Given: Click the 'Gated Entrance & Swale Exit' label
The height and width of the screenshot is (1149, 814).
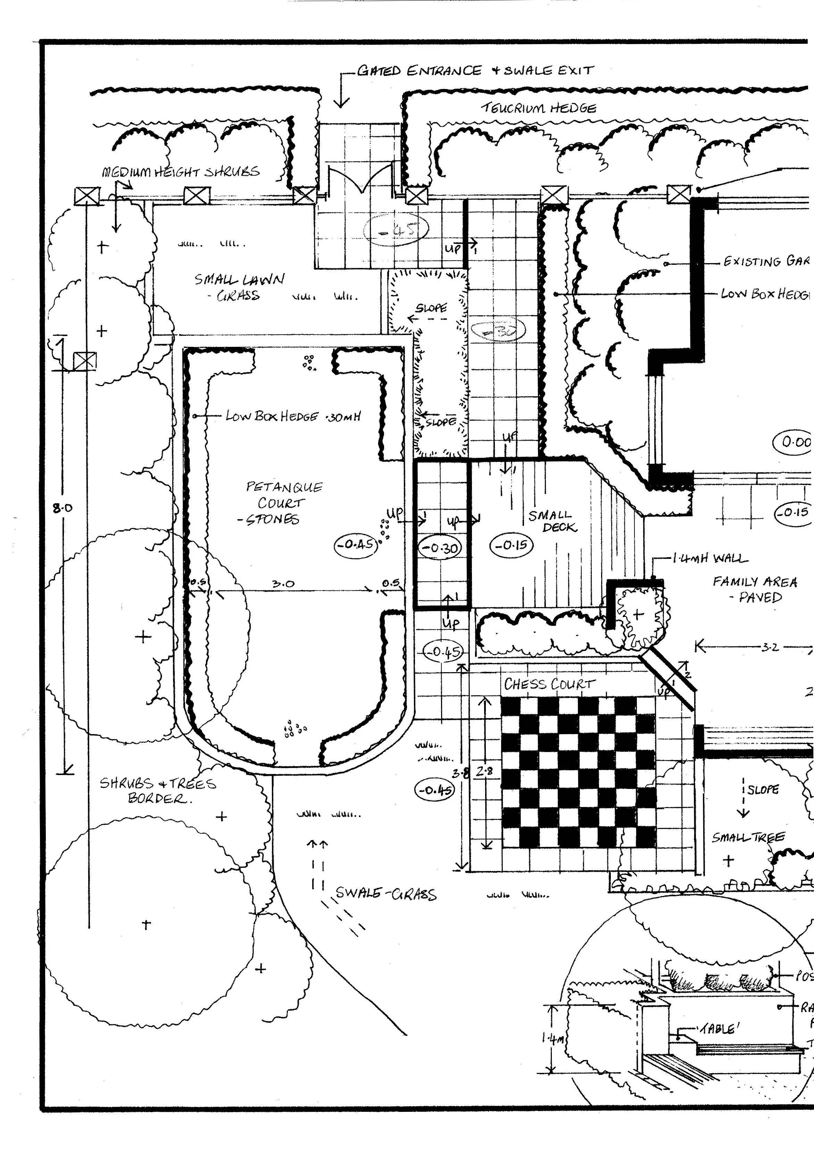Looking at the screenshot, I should pyautogui.click(x=475, y=71).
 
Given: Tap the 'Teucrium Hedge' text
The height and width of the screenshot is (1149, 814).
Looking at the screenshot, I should pyautogui.click(x=539, y=108).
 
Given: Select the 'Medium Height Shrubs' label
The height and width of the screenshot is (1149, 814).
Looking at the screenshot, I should pyautogui.click(x=181, y=172).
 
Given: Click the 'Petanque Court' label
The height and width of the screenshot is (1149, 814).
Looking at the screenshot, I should pyautogui.click(x=283, y=502).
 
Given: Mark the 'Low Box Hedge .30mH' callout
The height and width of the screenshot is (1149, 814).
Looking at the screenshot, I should pyautogui.click(x=293, y=416).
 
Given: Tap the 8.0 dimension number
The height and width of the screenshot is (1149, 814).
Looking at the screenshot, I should pyautogui.click(x=63, y=508).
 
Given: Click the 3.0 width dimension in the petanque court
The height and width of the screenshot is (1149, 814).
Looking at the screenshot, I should pyautogui.click(x=283, y=584).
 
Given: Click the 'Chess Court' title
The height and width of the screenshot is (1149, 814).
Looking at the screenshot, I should pyautogui.click(x=549, y=684).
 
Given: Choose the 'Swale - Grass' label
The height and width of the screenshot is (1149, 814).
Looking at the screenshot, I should pyautogui.click(x=385, y=893).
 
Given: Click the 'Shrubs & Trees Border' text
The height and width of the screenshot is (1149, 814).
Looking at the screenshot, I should pyautogui.click(x=158, y=790).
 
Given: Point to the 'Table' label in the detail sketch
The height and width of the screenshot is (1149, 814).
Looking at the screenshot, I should pyautogui.click(x=718, y=1029).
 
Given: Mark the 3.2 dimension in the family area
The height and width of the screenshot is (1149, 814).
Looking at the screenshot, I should pyautogui.click(x=770, y=647).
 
